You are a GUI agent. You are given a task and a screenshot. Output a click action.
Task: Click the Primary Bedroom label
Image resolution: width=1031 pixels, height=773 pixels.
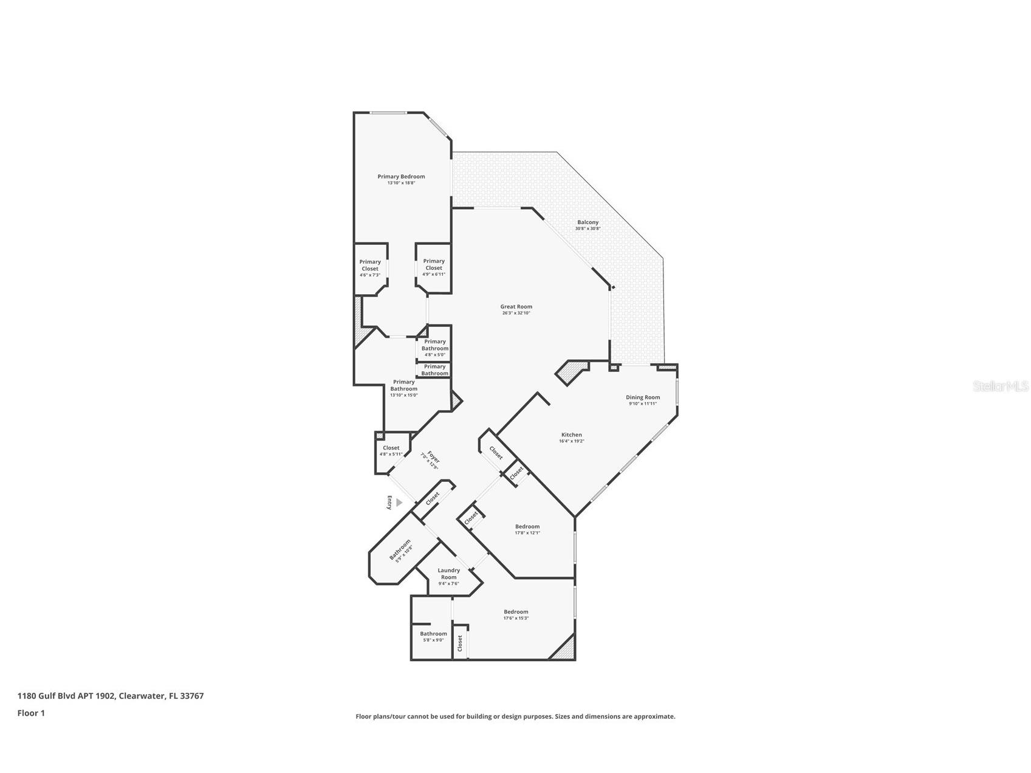401,177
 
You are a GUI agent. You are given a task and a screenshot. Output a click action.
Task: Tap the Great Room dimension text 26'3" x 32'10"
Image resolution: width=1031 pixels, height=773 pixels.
516,314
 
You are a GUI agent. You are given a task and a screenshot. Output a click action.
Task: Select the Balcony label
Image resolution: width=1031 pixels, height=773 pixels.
587,222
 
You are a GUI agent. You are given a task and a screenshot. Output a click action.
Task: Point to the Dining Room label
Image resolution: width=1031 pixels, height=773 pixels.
643,397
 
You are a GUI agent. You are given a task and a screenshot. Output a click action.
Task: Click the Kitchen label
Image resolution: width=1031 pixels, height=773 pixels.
571,435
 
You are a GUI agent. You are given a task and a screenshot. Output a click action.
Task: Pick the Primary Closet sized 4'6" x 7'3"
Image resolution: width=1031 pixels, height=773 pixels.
370,268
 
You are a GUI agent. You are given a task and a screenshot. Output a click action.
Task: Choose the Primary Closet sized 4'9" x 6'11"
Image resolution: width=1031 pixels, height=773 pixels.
434,267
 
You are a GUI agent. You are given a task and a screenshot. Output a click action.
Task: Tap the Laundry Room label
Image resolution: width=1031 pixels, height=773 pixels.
448,574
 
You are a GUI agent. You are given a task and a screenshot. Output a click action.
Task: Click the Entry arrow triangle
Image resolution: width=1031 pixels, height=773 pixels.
399,503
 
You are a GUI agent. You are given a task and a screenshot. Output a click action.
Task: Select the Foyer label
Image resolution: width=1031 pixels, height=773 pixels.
432,458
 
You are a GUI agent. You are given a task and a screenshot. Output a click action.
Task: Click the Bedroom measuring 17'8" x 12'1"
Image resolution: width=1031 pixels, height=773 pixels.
527,527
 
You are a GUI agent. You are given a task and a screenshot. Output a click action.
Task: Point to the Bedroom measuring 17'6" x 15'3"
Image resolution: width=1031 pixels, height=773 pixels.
516,612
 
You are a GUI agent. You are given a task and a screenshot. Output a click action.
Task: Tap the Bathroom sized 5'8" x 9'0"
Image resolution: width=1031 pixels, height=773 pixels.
433,634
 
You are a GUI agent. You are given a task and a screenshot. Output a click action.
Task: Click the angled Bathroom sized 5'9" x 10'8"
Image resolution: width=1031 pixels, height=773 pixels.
401,549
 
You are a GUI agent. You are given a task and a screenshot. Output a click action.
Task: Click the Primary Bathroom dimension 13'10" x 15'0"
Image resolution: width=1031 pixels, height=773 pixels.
404,396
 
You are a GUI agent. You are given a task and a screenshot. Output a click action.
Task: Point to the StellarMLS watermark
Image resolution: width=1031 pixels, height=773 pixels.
1000,386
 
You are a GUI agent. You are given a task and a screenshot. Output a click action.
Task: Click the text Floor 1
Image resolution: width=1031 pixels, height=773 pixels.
31,713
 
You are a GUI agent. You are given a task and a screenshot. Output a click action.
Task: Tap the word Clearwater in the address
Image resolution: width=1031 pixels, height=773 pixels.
140,696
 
